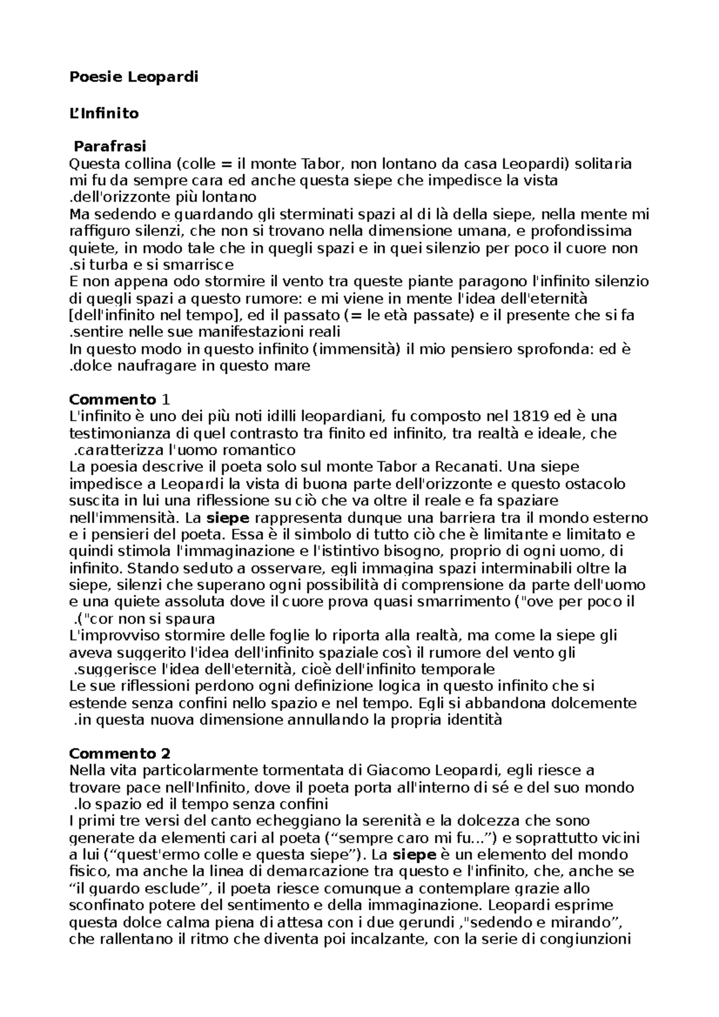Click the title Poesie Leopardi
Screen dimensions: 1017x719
pos(134,77)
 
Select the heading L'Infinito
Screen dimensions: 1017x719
pos(104,113)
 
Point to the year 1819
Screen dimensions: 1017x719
pos(528,416)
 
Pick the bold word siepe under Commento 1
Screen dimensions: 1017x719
pos(227,517)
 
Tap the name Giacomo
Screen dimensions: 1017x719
pos(398,770)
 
